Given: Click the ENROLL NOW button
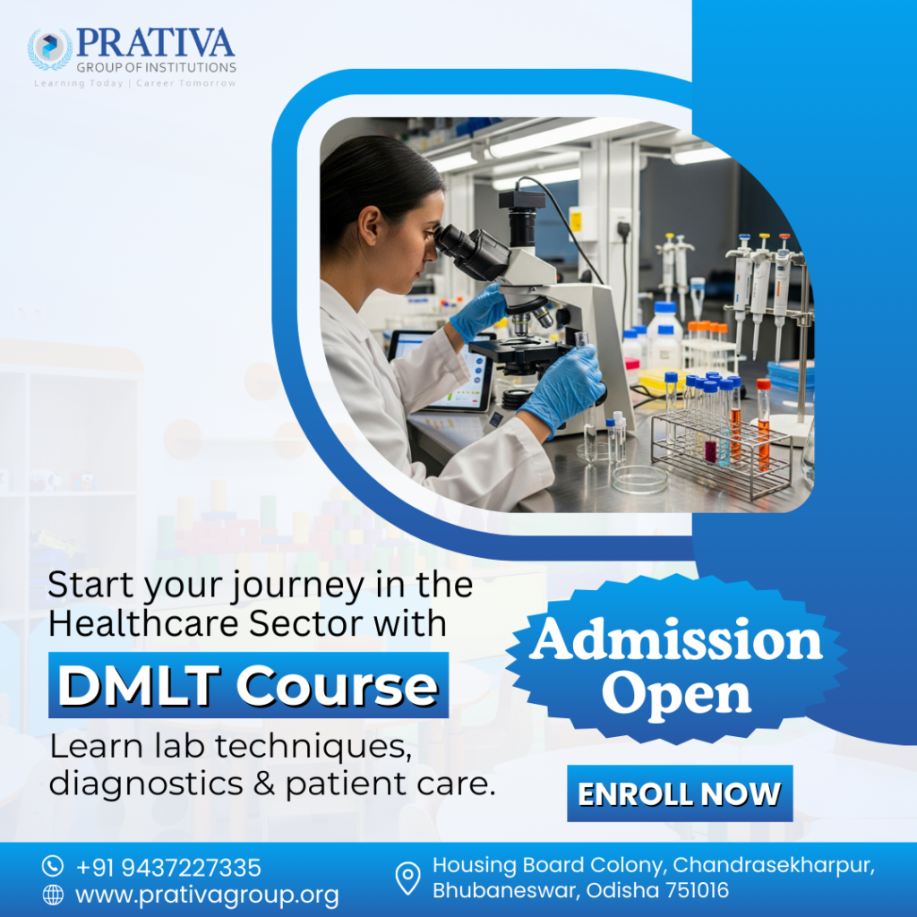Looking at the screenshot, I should [x=679, y=793].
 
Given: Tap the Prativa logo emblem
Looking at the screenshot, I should [x=50, y=50].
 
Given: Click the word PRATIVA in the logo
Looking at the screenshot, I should [x=155, y=43].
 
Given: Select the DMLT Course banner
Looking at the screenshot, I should [x=248, y=686].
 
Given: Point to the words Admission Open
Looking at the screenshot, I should [x=675, y=667].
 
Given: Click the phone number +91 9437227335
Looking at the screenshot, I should [x=168, y=867].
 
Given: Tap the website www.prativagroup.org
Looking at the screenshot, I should [x=207, y=894].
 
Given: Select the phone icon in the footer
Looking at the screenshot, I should [x=54, y=867].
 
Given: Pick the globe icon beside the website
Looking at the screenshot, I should [x=54, y=894].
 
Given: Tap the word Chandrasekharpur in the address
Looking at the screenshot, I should [x=773, y=865].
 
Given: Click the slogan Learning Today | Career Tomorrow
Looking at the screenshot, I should [x=134, y=83].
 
